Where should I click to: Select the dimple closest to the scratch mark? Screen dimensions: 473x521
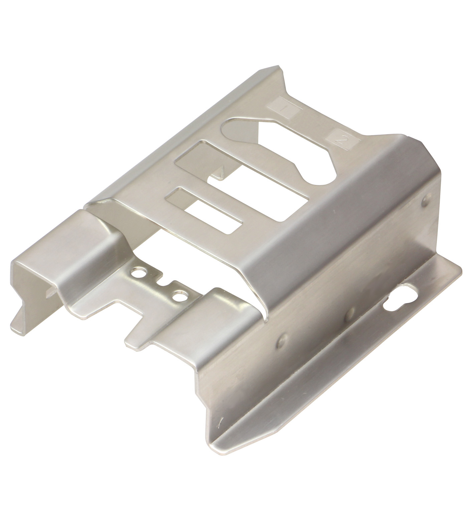pyautogui.click(x=282, y=341)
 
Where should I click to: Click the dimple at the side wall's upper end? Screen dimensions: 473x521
pyautogui.click(x=425, y=201)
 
